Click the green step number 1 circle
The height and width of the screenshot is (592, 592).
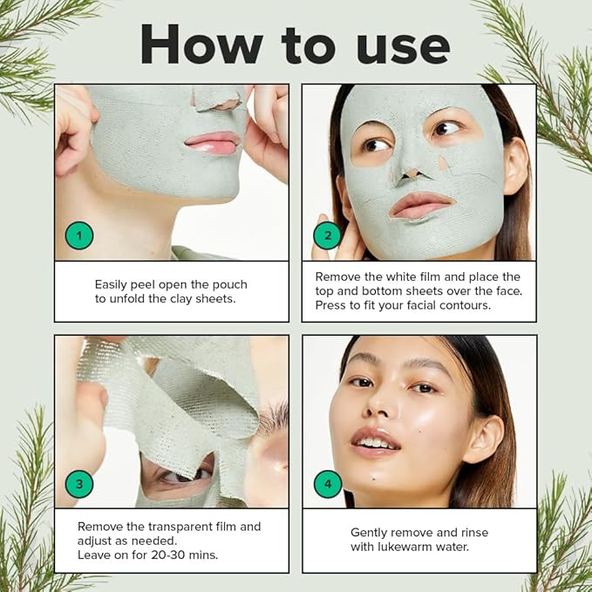[x=79, y=235]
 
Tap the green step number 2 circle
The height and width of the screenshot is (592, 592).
[x=328, y=235]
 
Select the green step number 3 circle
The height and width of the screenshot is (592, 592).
[x=79, y=484]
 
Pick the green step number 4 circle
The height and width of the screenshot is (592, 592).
[x=328, y=484]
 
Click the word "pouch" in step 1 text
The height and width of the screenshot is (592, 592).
[x=228, y=284]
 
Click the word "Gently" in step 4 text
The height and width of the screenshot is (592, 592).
[x=371, y=532]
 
